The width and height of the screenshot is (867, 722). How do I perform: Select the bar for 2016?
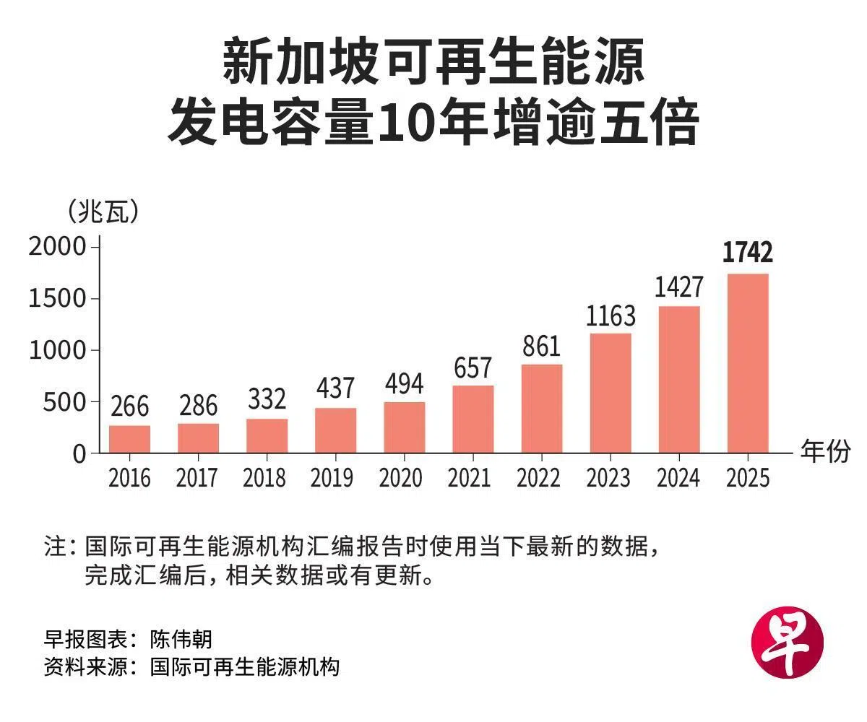click(x=129, y=439)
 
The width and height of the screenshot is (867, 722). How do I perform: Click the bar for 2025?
click(x=748, y=363)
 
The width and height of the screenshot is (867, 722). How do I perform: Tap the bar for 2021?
click(x=473, y=419)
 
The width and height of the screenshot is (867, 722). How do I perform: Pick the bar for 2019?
click(x=335, y=430)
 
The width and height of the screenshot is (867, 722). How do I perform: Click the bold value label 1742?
click(x=748, y=252)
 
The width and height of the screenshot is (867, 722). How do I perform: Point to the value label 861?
click(x=541, y=346)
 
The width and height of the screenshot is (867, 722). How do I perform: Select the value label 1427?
click(x=679, y=287)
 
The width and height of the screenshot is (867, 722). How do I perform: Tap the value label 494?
click(x=404, y=384)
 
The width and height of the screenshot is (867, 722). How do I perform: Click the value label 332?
click(x=267, y=399)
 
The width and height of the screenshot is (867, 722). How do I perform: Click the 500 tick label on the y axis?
click(x=64, y=402)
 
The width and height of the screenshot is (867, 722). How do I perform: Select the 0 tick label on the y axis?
click(x=79, y=454)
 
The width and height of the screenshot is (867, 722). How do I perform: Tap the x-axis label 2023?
click(x=608, y=477)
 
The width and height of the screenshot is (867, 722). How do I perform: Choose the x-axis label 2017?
click(x=197, y=477)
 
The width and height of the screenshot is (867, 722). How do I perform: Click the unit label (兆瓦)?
click(x=103, y=212)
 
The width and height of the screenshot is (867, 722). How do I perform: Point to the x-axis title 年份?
click(x=826, y=451)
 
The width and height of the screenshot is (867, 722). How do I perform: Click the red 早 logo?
click(x=788, y=643)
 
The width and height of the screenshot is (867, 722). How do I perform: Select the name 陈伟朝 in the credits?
click(x=181, y=639)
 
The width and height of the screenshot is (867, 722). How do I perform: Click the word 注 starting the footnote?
click(x=55, y=546)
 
